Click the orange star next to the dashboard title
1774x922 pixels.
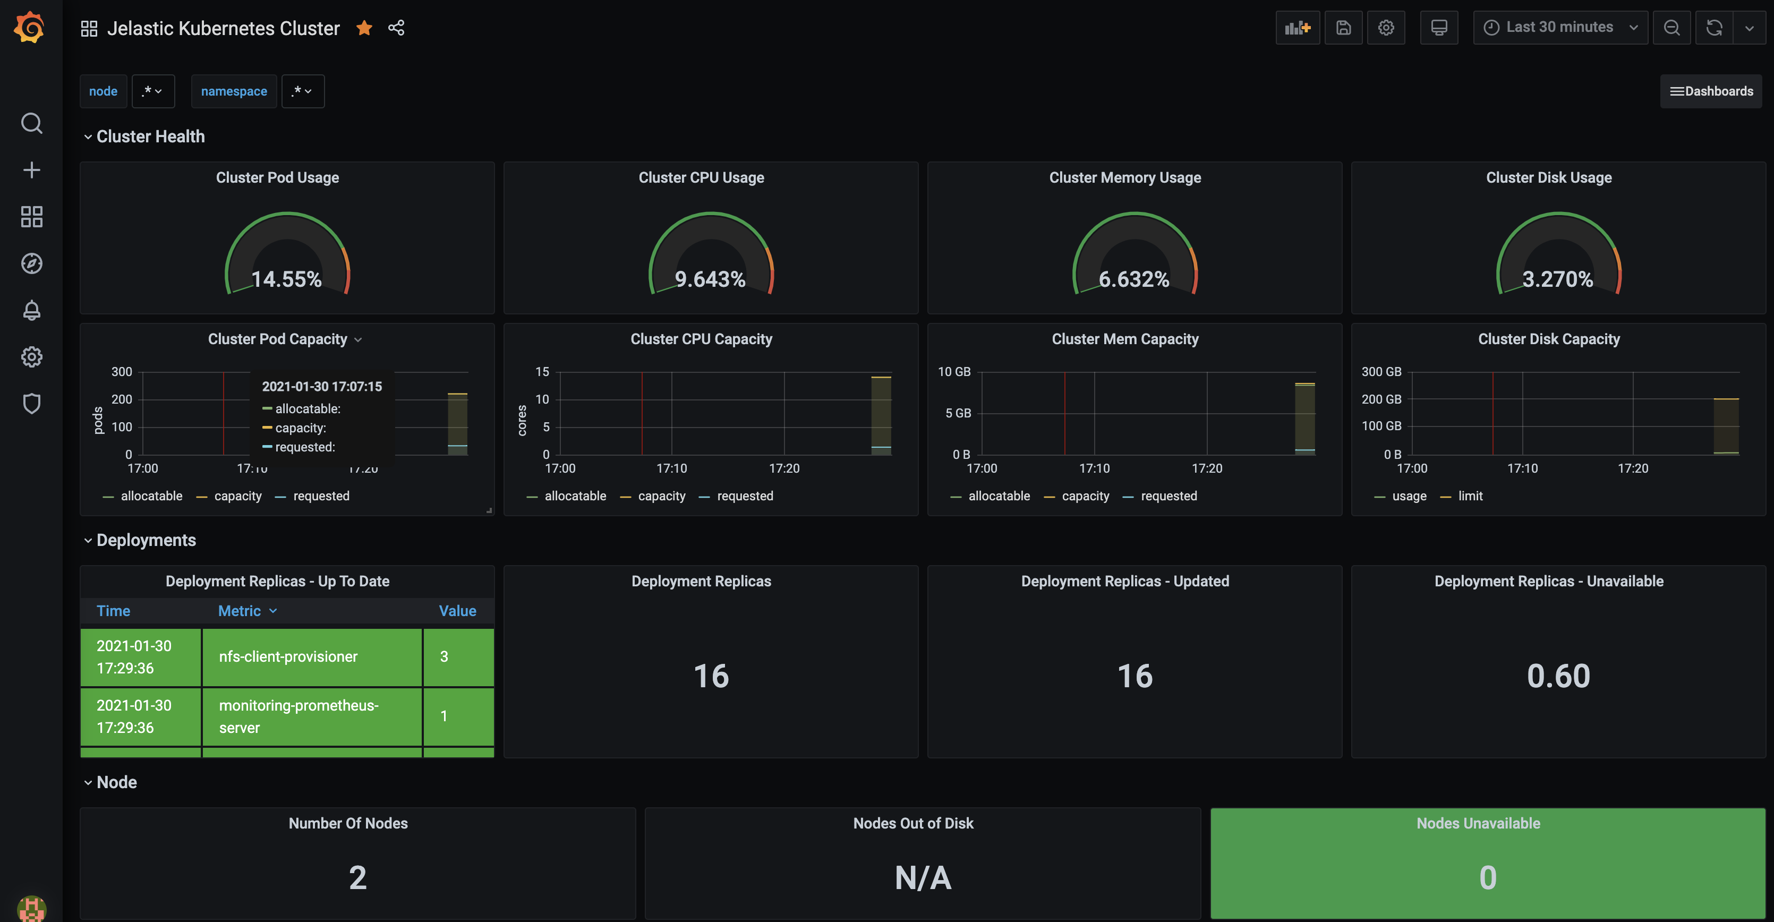click(364, 28)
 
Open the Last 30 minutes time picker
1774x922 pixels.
click(1559, 28)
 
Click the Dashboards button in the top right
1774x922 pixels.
click(1711, 91)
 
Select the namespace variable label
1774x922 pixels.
click(234, 91)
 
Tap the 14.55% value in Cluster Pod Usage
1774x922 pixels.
click(286, 279)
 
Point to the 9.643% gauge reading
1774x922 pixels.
click(710, 279)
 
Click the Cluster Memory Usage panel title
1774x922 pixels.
click(1124, 177)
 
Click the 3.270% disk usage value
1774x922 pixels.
click(1557, 279)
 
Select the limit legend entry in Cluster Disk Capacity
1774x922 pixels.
click(1470, 496)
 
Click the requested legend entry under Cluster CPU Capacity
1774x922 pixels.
click(745, 496)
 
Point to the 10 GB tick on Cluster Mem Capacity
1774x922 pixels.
click(954, 372)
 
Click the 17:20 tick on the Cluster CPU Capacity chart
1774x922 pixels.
click(784, 468)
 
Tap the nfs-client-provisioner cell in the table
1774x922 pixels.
click(288, 656)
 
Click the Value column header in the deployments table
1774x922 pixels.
click(457, 611)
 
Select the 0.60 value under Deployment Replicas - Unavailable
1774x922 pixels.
click(1558, 676)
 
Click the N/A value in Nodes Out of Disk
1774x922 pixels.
click(923, 877)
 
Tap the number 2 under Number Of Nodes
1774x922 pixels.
click(357, 877)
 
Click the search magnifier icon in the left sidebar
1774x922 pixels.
click(32, 123)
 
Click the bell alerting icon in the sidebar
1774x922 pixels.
click(32, 311)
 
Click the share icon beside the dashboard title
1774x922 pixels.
click(396, 28)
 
